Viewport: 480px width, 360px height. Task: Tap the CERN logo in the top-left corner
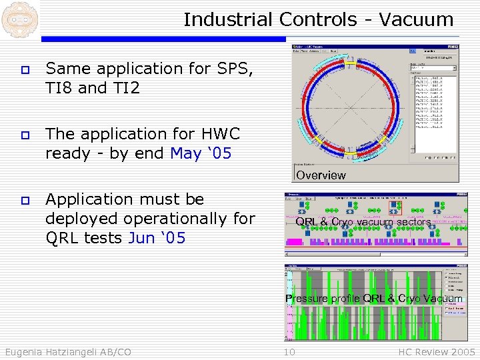pyautogui.click(x=19, y=19)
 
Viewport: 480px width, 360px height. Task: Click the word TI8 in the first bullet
pyautogui.click(x=59, y=88)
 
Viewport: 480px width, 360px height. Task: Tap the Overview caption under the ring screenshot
pyautogui.click(x=321, y=175)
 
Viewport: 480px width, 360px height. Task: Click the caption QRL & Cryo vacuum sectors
pyautogui.click(x=363, y=222)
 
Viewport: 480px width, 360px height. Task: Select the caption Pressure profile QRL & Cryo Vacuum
pyautogui.click(x=373, y=299)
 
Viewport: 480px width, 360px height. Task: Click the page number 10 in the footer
pyautogui.click(x=289, y=352)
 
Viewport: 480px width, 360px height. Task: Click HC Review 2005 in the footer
pyautogui.click(x=437, y=352)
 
